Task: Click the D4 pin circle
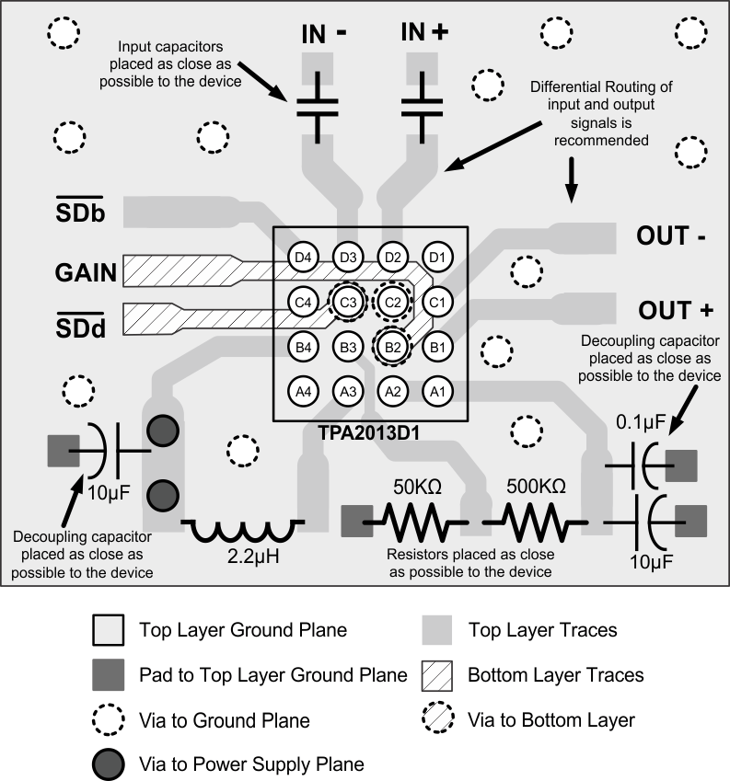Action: pyautogui.click(x=302, y=257)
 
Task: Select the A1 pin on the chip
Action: pyautogui.click(x=437, y=391)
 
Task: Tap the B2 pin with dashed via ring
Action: pyautogui.click(x=392, y=346)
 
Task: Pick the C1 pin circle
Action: pyautogui.click(x=437, y=301)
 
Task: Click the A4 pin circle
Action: pyautogui.click(x=302, y=391)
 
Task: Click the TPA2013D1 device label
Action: pyautogui.click(x=371, y=430)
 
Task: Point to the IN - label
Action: pyautogui.click(x=324, y=33)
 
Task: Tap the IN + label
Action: pyautogui.click(x=424, y=33)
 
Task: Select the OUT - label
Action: pyautogui.click(x=670, y=236)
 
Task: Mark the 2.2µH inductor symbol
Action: pyautogui.click(x=241, y=531)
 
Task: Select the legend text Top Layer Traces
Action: pyautogui.click(x=543, y=630)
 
